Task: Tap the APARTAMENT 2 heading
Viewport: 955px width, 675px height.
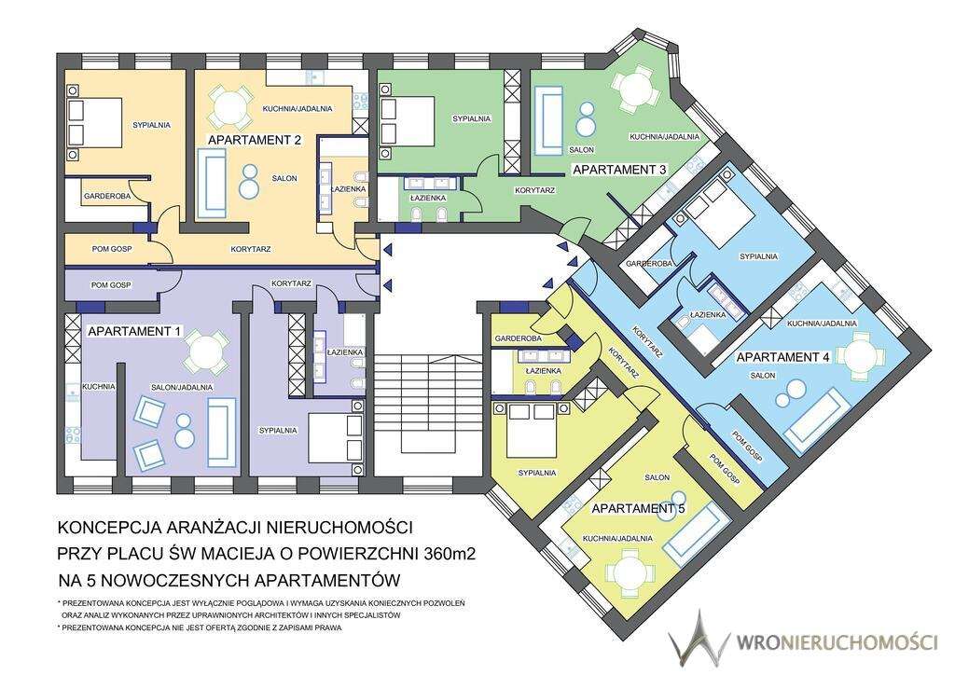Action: click(254, 141)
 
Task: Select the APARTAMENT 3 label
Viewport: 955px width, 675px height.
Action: click(618, 170)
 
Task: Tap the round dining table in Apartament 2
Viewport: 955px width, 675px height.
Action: click(228, 106)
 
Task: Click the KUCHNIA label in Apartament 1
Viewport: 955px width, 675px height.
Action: click(98, 386)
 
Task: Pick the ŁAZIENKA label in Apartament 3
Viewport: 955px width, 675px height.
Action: click(428, 198)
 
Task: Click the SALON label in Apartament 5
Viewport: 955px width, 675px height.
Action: click(657, 477)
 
